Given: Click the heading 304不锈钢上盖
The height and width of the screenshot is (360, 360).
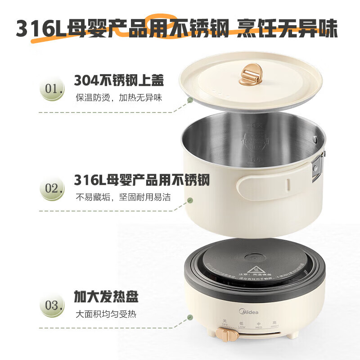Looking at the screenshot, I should (119, 81).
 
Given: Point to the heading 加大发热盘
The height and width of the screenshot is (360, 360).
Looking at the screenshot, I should (106, 297).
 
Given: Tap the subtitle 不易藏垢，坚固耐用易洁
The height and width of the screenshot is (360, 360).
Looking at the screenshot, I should (123, 197).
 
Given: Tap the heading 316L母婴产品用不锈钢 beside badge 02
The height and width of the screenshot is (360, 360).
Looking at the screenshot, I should (142, 180).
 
